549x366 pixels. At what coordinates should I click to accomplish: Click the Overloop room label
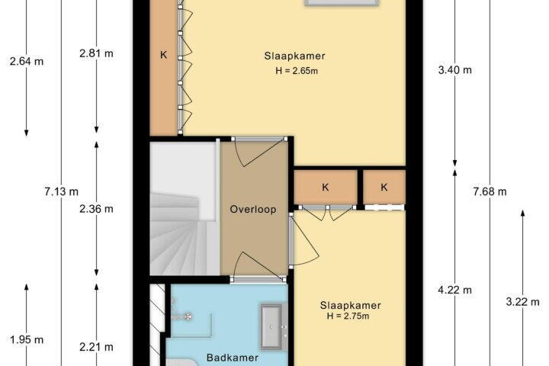(253, 209)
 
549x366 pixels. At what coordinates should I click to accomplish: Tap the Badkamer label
(233, 358)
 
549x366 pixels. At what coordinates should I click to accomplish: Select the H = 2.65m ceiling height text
(297, 71)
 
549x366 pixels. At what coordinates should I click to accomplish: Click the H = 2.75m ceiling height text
(348, 316)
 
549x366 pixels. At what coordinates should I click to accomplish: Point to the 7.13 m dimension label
(61, 191)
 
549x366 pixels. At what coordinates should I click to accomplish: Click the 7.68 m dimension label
(490, 191)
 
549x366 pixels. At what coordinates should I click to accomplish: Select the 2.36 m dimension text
(96, 209)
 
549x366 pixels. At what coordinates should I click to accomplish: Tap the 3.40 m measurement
(454, 70)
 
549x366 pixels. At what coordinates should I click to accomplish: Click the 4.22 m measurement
(454, 290)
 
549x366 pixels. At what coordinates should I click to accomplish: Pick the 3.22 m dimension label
(522, 301)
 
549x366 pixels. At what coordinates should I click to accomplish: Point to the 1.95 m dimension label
(27, 340)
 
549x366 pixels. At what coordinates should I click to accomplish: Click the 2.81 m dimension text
(96, 53)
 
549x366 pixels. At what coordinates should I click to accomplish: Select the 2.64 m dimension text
(27, 62)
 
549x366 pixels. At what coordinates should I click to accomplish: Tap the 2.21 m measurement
(96, 347)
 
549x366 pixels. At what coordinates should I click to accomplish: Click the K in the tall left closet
(163, 55)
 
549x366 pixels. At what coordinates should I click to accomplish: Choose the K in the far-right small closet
(384, 188)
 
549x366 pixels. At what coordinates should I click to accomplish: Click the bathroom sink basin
(271, 327)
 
